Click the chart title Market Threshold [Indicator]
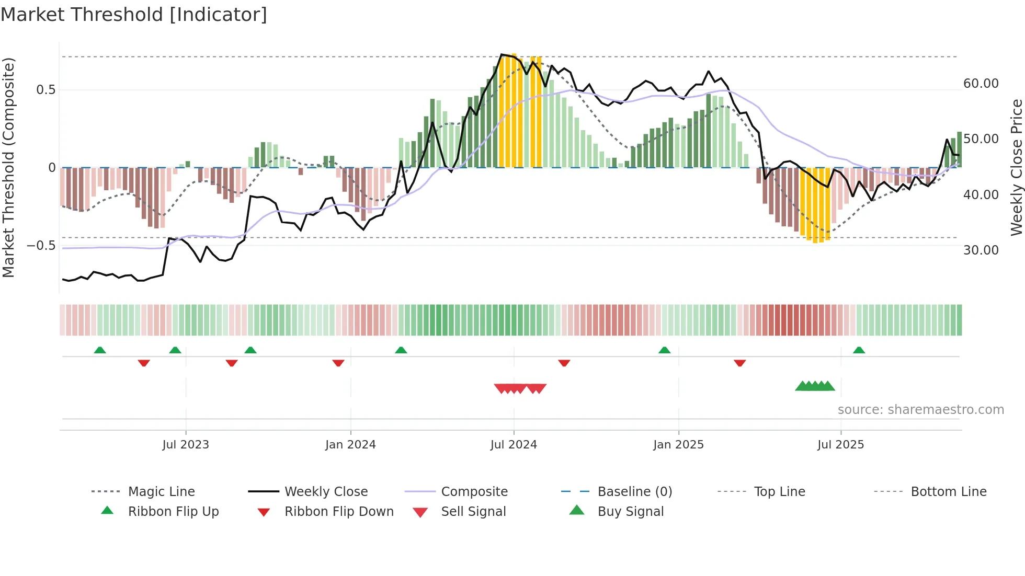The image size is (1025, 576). [134, 15]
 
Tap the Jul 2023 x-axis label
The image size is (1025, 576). [185, 445]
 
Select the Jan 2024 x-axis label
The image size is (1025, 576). [350, 445]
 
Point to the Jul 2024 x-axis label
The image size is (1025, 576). [514, 445]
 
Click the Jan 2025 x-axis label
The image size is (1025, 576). [678, 445]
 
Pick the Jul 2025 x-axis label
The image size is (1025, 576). [840, 445]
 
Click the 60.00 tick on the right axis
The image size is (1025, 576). [981, 84]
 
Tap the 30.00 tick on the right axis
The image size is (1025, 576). [981, 250]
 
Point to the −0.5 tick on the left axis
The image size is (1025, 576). [41, 246]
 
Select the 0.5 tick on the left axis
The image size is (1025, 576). [45, 90]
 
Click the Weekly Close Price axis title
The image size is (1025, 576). [1016, 167]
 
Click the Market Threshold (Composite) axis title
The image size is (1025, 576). [8, 167]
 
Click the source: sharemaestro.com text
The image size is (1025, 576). [920, 410]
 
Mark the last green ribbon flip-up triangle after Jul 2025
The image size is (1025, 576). [859, 350]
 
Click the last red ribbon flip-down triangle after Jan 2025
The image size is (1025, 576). [739, 363]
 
